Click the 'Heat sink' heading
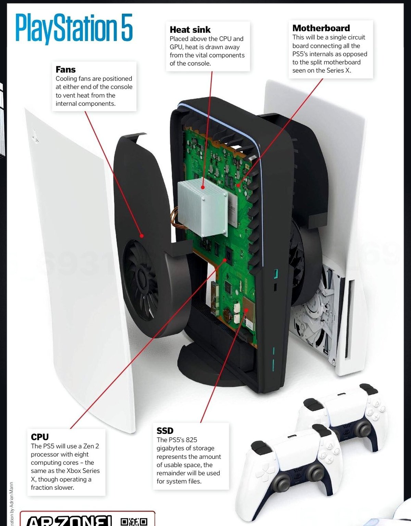click(190, 30)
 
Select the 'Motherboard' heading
click(321, 28)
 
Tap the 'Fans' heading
click(65, 69)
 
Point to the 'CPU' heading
click(40, 437)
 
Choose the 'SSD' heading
click(165, 431)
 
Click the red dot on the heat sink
click(203, 187)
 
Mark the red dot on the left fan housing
click(141, 235)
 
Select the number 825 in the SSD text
click(191, 440)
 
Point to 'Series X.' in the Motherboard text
click(339, 70)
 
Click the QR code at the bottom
click(134, 521)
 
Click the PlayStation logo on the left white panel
click(35, 135)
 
